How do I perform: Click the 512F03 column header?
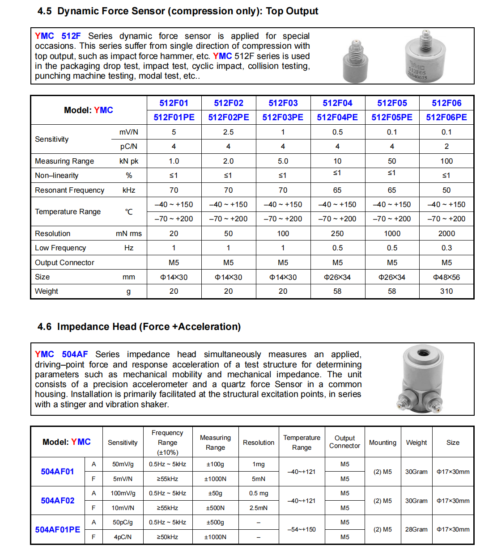[x=283, y=103]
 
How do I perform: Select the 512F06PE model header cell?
[x=446, y=117]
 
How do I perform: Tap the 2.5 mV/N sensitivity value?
[x=228, y=132]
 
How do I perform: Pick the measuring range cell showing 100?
[x=446, y=161]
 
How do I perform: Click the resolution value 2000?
[x=446, y=233]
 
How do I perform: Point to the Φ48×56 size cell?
[x=446, y=277]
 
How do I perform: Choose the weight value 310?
[x=446, y=291]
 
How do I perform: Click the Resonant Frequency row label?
[x=69, y=190]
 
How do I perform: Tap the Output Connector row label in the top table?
[x=64, y=262]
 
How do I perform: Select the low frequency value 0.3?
[x=446, y=248]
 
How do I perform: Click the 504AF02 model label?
[x=58, y=501]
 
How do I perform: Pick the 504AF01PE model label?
[x=58, y=529]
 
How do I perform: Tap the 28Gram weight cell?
[x=416, y=529]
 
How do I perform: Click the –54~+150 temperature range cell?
[x=302, y=529]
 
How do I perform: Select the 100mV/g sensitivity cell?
[x=123, y=493]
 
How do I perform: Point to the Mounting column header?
[x=382, y=443]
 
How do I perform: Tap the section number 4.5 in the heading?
[x=44, y=11]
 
